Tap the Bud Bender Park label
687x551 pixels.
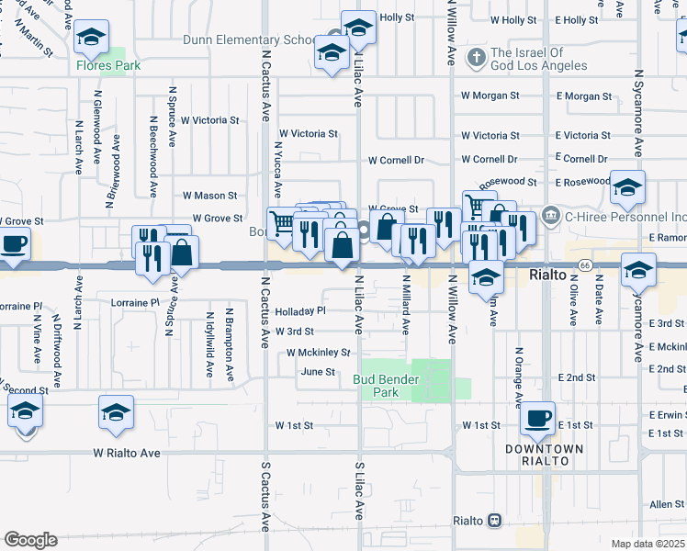[x=386, y=386]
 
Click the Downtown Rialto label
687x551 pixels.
[x=544, y=455]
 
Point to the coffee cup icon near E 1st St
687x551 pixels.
[x=538, y=418]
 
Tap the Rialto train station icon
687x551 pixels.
[x=495, y=521]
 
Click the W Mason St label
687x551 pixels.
[x=209, y=196]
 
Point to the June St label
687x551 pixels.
[x=318, y=372]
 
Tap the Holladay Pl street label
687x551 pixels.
[x=300, y=310]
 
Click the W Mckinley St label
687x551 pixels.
[x=319, y=353]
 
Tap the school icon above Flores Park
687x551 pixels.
[x=90, y=38]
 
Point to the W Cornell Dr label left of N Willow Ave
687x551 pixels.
[x=396, y=160]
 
